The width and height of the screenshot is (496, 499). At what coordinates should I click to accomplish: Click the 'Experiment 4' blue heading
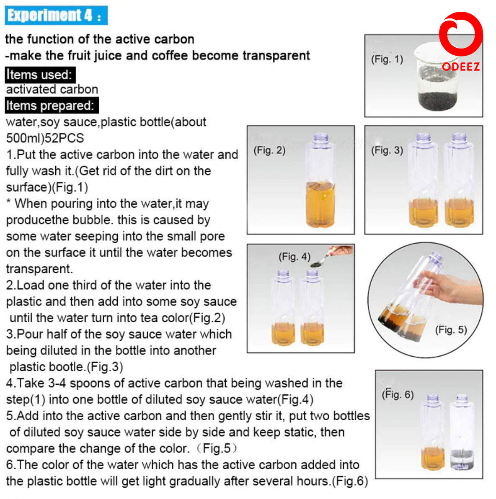click(56, 15)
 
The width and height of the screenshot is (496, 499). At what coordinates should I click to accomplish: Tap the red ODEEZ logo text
click(461, 67)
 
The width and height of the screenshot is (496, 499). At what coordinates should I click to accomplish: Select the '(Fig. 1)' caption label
click(387, 59)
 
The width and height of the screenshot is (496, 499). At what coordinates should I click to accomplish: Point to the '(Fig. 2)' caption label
click(269, 150)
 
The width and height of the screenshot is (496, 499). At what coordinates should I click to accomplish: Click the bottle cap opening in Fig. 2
click(321, 137)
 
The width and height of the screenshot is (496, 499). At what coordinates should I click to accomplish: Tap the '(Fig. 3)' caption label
click(387, 150)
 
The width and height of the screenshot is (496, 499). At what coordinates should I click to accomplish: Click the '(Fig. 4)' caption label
click(294, 257)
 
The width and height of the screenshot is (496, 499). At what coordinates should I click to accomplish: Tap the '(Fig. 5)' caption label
click(451, 330)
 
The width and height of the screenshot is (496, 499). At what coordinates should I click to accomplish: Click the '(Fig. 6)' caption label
click(397, 394)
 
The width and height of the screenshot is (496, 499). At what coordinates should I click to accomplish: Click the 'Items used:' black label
click(40, 75)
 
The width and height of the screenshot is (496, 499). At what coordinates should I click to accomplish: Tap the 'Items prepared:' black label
click(51, 105)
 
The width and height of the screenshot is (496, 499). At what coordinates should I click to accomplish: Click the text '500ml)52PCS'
click(45, 138)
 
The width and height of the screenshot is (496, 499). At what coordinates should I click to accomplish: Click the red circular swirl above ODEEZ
click(460, 34)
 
